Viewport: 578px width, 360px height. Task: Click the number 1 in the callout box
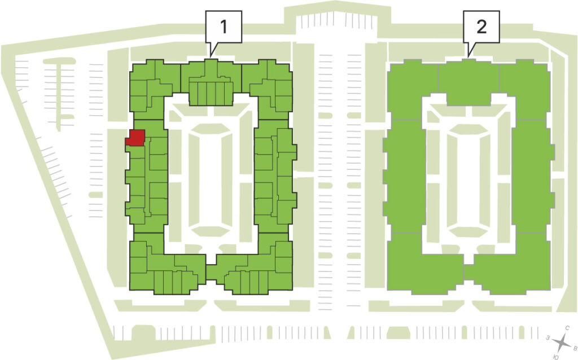point(224,27)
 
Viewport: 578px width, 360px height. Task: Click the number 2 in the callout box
point(481,27)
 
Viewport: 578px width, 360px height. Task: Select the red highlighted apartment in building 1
point(135,138)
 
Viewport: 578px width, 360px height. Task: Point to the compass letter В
point(575,347)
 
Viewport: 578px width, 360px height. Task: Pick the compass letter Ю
point(556,357)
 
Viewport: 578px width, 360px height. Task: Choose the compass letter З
point(549,337)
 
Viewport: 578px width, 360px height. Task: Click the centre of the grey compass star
point(562,343)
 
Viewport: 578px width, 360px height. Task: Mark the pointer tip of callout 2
point(468,56)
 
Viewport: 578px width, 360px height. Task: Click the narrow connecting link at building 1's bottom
point(211,273)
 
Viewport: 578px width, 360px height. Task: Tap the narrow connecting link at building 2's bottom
point(468,273)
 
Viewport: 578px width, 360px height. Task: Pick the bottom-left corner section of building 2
point(424,262)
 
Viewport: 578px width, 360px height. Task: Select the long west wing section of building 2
point(404,176)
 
